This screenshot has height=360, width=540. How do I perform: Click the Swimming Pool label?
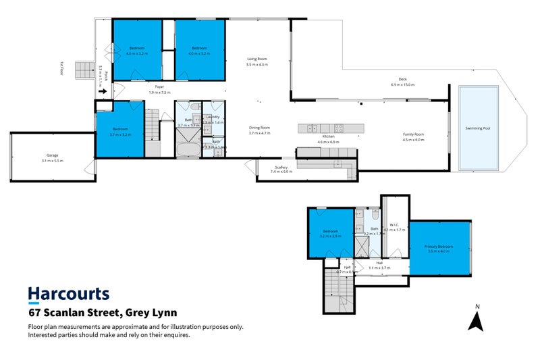[477, 128]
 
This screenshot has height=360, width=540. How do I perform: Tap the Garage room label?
[52, 155]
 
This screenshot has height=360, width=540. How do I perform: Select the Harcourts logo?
[68, 294]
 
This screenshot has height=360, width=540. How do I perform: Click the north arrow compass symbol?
[477, 319]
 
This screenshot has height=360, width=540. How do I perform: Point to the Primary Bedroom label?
[438, 247]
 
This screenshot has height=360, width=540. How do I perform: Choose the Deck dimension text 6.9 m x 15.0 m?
[402, 85]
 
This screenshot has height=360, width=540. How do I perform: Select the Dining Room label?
[259, 128]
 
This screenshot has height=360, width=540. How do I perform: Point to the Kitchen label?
[329, 137]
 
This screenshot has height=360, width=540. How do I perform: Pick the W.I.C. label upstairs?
[395, 225]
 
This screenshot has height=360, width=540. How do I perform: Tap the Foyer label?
[159, 87]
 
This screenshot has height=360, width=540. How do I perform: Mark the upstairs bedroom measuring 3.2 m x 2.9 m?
[331, 233]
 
